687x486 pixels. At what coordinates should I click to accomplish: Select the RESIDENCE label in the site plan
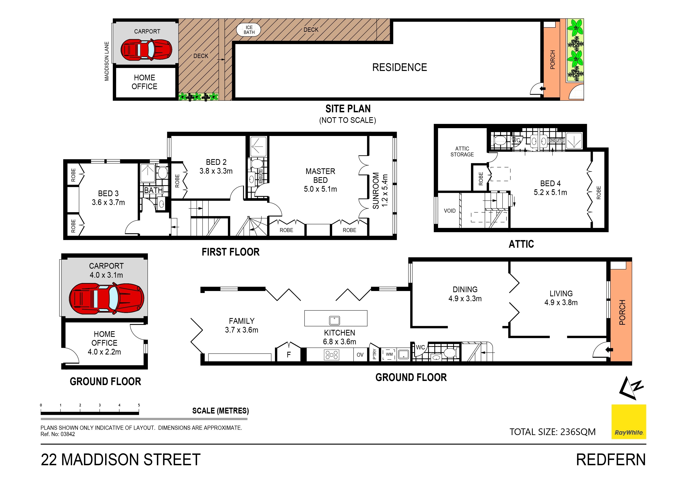click(x=400, y=67)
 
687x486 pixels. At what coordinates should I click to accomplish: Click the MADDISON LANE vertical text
click(x=107, y=61)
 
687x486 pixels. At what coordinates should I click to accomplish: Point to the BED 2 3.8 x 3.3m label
click(x=216, y=167)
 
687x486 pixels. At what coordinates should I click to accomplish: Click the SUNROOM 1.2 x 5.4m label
click(x=380, y=190)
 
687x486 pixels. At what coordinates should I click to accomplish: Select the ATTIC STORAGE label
click(x=462, y=151)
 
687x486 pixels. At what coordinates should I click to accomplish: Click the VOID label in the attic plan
click(x=450, y=211)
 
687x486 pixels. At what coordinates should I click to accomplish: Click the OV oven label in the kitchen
click(x=360, y=355)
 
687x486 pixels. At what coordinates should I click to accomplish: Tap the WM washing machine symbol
click(x=389, y=354)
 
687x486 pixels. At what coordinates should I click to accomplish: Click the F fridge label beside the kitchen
click(x=288, y=355)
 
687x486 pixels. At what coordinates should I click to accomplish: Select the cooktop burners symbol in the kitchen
click(x=331, y=355)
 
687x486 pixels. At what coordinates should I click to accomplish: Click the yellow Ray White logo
click(x=629, y=422)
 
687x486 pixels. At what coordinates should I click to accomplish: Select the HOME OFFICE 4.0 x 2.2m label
click(x=104, y=343)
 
